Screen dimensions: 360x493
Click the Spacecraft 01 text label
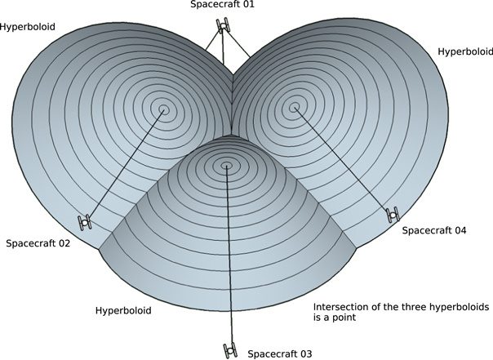click(223, 5)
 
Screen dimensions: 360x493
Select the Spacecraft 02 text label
click(37, 243)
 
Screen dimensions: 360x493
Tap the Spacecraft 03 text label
click(280, 353)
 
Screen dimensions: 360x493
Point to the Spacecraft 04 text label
click(433, 231)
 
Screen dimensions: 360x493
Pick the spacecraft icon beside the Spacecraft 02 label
click(84, 221)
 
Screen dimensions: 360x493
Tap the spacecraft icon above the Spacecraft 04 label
click(393, 214)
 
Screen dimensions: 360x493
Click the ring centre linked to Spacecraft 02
click(164, 109)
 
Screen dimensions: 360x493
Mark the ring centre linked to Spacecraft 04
click(293, 106)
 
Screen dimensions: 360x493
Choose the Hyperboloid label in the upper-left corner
click(28, 26)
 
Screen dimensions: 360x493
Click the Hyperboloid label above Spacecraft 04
click(464, 51)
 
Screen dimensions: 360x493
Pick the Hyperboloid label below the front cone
click(122, 310)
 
